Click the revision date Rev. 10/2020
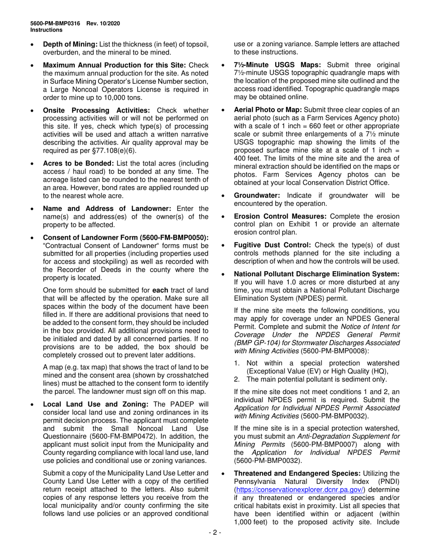103,24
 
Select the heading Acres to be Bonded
74,163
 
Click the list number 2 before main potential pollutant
237,379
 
